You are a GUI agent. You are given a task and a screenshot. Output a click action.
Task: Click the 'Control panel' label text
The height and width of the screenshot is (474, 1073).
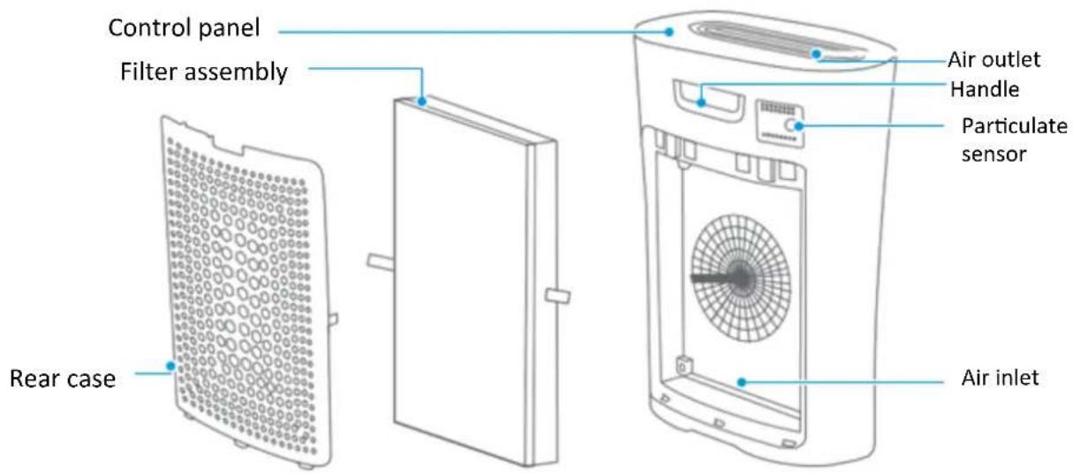(x=184, y=27)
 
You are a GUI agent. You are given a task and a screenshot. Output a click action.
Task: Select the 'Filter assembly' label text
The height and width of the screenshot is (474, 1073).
(x=204, y=72)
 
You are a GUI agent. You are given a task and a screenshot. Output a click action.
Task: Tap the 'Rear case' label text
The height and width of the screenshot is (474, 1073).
(x=63, y=379)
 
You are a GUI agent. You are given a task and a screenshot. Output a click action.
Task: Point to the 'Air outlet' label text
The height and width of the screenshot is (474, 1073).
(x=994, y=60)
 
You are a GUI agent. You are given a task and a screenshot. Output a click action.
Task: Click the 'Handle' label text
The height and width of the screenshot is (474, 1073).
(x=985, y=89)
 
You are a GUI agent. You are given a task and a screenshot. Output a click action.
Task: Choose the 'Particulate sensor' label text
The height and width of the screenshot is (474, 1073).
(x=1014, y=139)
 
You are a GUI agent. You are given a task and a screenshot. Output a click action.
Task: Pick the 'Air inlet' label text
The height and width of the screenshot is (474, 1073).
(x=1000, y=378)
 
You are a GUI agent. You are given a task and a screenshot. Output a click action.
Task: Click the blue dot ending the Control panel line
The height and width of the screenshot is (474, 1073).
(x=669, y=32)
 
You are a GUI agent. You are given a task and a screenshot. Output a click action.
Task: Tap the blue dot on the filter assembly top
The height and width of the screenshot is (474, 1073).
(x=421, y=102)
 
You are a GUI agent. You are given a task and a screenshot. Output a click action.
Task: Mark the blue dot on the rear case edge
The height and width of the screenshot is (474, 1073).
(x=170, y=365)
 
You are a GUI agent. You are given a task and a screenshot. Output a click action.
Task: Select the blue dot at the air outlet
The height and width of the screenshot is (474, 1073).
(x=816, y=54)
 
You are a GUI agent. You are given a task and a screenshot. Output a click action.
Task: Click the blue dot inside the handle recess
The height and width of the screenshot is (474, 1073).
(x=701, y=102)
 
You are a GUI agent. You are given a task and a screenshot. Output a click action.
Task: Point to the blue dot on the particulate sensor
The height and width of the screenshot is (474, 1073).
(x=798, y=126)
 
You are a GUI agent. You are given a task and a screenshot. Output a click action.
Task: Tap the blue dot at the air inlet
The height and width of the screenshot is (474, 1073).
(x=742, y=382)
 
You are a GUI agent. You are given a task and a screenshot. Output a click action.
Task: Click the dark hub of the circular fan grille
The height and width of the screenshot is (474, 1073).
(x=741, y=278)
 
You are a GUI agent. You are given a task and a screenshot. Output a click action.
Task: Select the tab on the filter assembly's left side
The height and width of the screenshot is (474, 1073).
(x=382, y=262)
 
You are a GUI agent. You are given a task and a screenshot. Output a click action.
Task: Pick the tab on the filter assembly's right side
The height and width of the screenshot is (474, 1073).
(x=557, y=296)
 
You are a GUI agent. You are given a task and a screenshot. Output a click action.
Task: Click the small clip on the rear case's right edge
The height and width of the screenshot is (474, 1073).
(x=333, y=320)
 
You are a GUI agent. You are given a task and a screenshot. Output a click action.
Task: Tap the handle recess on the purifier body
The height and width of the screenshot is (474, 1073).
(x=708, y=101)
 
